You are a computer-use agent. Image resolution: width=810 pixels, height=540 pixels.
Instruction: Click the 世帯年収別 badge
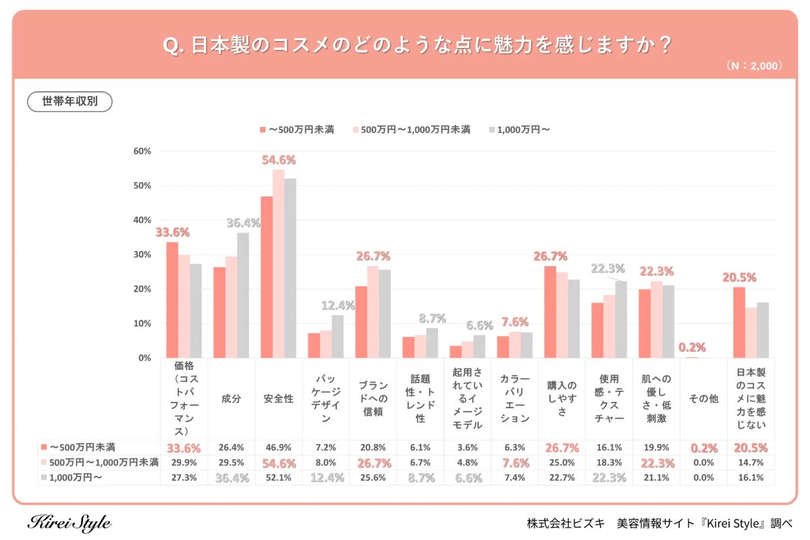pyautogui.click(x=70, y=101)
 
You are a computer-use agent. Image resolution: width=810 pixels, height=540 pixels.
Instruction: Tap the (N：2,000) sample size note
pyautogui.click(x=754, y=66)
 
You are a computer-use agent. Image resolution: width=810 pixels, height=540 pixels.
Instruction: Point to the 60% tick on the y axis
pyautogui.click(x=142, y=151)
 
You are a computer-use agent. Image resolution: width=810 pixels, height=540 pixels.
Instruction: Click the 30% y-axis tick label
pyautogui.click(x=142, y=254)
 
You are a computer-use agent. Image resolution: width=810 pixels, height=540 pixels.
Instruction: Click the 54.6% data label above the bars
pyautogui.click(x=278, y=160)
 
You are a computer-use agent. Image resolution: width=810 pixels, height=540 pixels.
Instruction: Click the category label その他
pyautogui.click(x=703, y=399)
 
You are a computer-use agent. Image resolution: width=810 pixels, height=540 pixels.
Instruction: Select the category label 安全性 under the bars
pyautogui.click(x=278, y=399)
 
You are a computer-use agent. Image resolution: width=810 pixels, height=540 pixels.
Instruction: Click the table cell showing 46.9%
pyautogui.click(x=278, y=448)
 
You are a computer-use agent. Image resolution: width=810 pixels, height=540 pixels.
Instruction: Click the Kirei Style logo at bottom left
pyautogui.click(x=69, y=523)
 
